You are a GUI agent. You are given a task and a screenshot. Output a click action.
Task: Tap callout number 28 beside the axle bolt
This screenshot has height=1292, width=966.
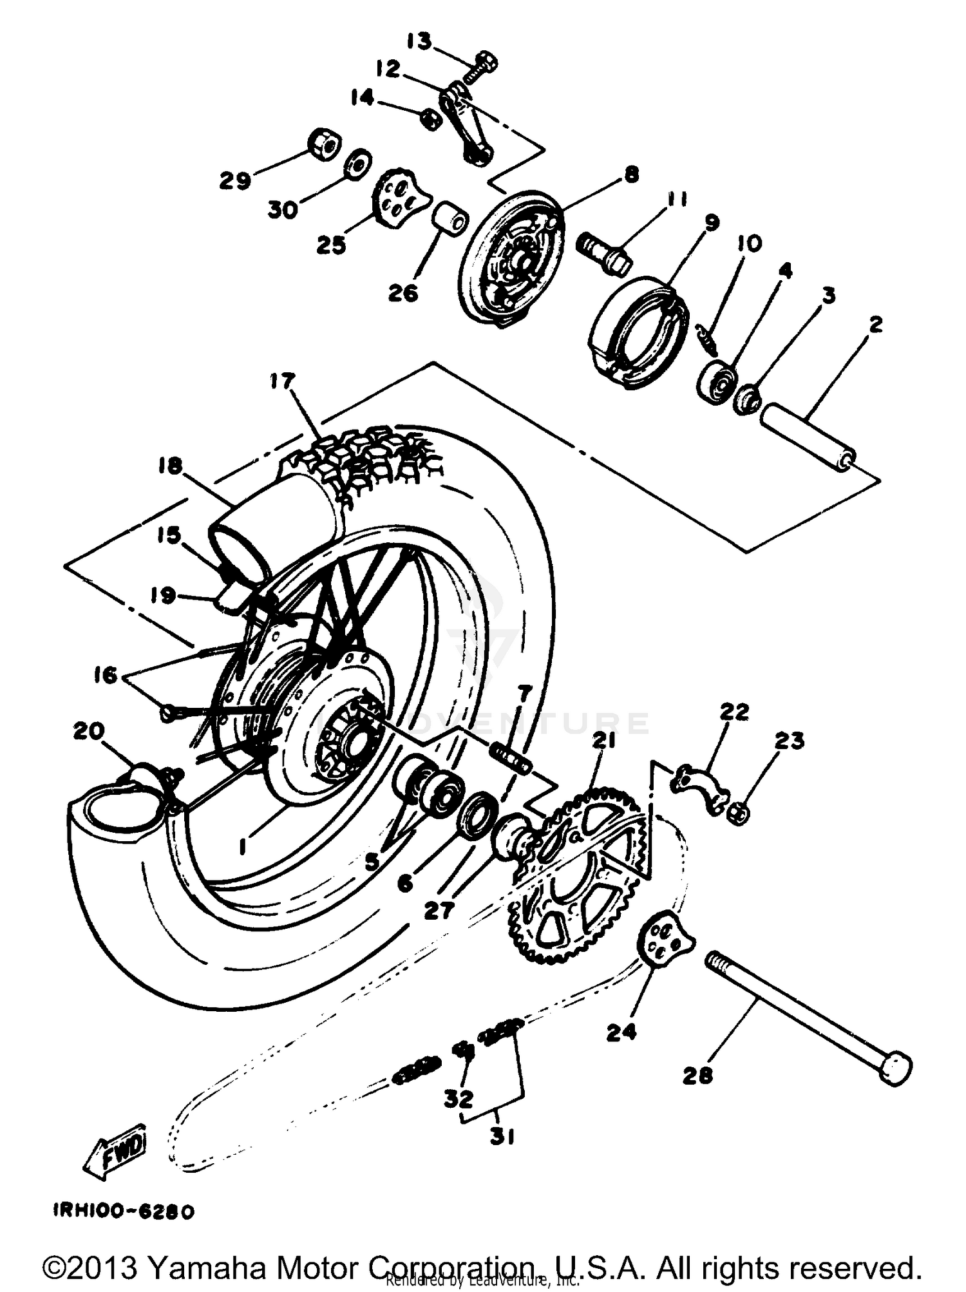[698, 1075]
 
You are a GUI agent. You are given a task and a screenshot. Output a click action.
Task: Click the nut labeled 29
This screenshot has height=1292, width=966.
[323, 144]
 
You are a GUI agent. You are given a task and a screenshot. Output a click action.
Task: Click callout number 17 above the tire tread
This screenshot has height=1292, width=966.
[281, 381]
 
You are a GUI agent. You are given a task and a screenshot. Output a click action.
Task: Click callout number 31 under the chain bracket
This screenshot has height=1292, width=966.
[502, 1137]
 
